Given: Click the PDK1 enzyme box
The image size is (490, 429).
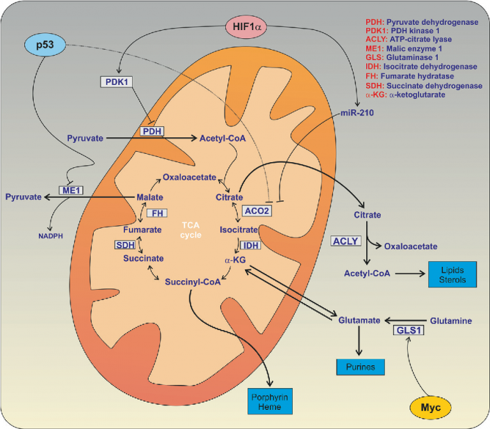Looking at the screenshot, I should click(120, 82).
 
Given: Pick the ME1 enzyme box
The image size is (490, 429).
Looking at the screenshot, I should click(68, 190).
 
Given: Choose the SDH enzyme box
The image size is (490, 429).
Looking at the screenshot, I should click(126, 245).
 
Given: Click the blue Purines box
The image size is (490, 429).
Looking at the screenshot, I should click(361, 367).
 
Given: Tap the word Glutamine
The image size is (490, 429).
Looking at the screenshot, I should click(450, 320).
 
